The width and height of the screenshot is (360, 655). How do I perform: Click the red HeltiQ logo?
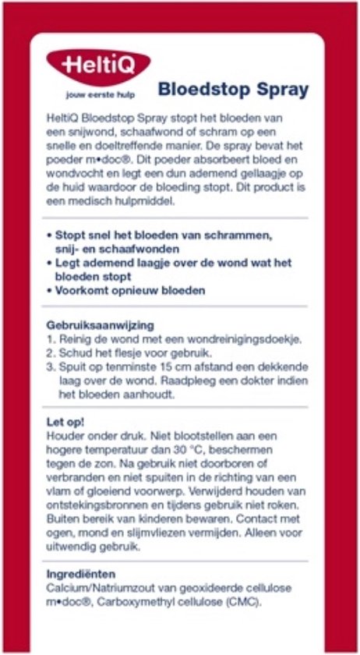(98, 62)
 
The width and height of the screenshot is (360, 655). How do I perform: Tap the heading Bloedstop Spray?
(233, 89)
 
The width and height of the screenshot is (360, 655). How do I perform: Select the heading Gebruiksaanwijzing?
(100, 324)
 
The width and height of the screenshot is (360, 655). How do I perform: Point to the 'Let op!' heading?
(65, 422)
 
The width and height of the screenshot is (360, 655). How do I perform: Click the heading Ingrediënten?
(81, 574)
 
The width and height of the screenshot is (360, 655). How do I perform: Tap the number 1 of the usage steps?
(49, 339)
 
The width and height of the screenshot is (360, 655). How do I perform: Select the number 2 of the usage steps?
(49, 353)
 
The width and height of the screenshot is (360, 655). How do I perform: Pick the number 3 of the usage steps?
(49, 367)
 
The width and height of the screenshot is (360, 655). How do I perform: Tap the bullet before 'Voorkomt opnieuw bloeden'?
(49, 291)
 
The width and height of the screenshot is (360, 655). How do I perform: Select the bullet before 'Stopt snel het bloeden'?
(49, 235)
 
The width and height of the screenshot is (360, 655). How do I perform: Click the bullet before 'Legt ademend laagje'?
(49, 263)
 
